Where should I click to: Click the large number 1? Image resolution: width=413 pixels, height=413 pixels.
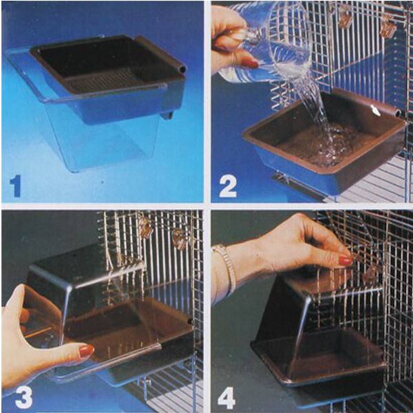click(x=16, y=187)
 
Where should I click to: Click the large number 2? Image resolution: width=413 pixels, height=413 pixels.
click(x=228, y=187)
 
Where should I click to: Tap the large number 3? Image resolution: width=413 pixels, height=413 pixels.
click(x=24, y=398)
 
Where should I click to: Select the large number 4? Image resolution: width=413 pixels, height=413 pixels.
click(x=226, y=398)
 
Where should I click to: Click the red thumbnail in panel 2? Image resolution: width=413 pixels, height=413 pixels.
click(x=250, y=63)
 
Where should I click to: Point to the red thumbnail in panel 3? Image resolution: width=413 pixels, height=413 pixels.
click(x=87, y=351)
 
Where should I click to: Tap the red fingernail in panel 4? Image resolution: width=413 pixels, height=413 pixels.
click(x=346, y=260)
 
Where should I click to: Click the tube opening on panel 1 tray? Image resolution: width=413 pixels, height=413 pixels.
click(x=182, y=70)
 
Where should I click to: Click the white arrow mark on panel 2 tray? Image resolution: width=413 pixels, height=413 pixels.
click(x=375, y=110)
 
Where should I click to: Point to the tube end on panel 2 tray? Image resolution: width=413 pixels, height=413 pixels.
click(x=396, y=114)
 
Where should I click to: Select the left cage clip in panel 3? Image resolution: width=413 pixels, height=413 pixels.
click(x=146, y=227)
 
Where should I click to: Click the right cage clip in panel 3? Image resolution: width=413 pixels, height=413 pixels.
click(x=180, y=235)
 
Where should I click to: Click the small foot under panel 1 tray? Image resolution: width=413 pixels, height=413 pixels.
click(x=168, y=116)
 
